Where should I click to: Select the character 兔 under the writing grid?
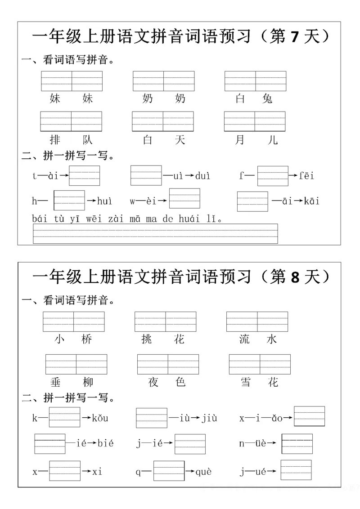point(267,98)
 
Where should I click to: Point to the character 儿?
point(273,140)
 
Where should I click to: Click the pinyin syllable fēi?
point(307,176)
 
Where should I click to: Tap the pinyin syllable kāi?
point(311,201)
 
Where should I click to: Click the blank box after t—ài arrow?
point(85,175)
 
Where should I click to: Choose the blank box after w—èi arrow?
point(184,198)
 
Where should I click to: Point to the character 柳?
point(88,382)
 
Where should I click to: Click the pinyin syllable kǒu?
point(100,419)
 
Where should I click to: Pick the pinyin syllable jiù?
point(209,419)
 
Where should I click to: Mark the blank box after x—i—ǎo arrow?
point(309,416)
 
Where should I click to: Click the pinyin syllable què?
point(204,472)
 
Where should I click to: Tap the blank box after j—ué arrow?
point(296,470)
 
